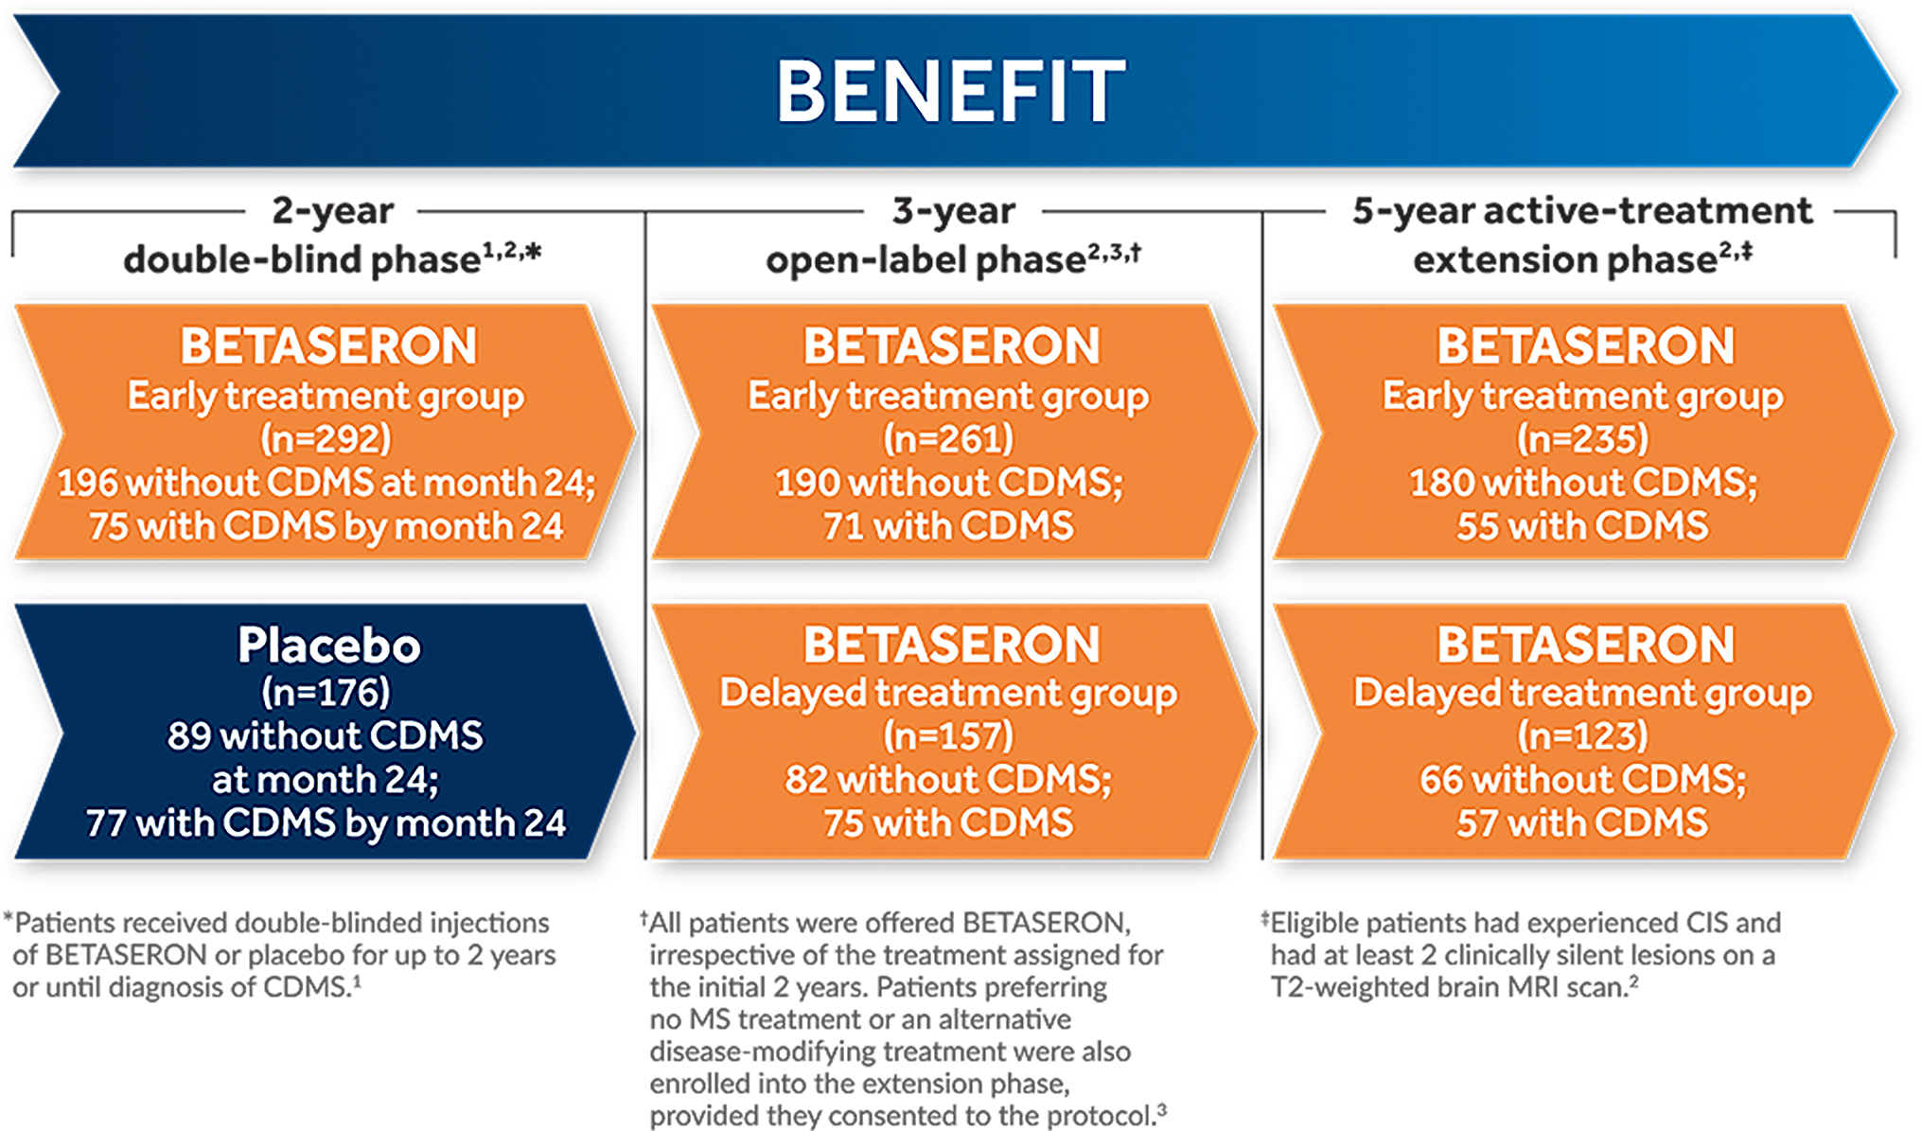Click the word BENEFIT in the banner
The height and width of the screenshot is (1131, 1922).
tap(951, 91)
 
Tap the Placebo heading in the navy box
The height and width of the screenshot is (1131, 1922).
tap(329, 645)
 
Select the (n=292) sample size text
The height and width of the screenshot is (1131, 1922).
tap(326, 439)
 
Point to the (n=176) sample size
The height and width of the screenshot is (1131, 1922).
tap(326, 693)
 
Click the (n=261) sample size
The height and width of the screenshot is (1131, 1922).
tap(948, 439)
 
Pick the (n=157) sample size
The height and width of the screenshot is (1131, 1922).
tap(948, 736)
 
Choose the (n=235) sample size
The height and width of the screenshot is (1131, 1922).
tap(1583, 439)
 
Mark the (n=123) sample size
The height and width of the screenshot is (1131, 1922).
tap(1583, 736)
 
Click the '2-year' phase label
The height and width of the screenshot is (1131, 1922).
tap(332, 211)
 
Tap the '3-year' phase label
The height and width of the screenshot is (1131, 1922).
tap(954, 211)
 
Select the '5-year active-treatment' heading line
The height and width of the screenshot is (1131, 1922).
tap(1582, 211)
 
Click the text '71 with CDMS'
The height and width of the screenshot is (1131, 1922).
tap(948, 526)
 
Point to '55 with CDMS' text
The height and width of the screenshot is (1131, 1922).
tap(1583, 526)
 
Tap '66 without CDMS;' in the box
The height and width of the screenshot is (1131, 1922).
tap(1583, 780)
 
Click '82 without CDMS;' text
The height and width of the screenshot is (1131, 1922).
tap(948, 780)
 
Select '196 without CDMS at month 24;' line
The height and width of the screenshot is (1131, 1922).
tap(326, 483)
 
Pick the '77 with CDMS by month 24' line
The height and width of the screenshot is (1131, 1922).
tap(326, 823)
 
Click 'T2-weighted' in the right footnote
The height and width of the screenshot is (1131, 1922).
tap(1350, 988)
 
